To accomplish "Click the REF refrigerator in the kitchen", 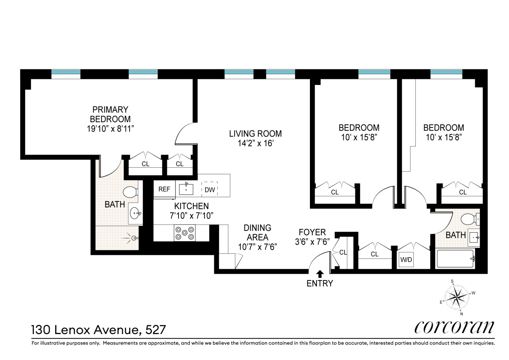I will (164, 189).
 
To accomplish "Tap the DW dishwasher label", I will (210, 190).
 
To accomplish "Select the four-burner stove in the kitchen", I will (185, 233).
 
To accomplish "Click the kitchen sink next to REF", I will (186, 189).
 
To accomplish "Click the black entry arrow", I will (320, 274).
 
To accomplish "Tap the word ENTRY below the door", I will (320, 284).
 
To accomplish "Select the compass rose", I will (456, 297).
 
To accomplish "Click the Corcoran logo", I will (454, 327).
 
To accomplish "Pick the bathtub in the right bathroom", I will (455, 259).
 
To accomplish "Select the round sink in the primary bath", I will (135, 213).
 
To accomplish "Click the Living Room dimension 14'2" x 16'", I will (255, 143).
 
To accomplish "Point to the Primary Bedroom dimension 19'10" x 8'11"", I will (110, 129).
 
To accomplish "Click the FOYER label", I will (312, 232).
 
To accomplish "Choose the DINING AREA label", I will (257, 233).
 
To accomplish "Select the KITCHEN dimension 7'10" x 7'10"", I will (192, 216).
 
